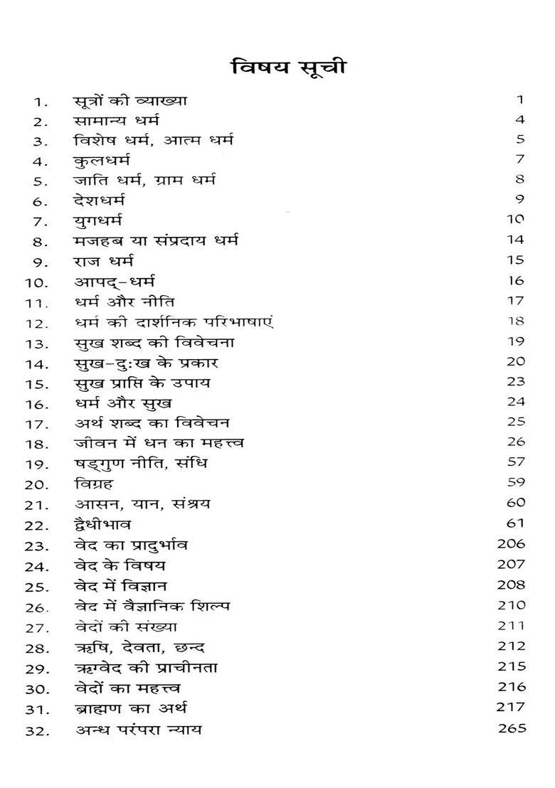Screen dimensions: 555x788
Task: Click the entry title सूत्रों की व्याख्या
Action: click(130, 100)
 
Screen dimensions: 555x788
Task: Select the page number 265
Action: click(513, 728)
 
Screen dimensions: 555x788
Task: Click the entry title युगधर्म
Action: click(100, 220)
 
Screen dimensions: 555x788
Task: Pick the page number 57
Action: click(517, 462)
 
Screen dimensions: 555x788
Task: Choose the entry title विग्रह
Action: click(93, 484)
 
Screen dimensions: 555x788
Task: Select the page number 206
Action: click(513, 543)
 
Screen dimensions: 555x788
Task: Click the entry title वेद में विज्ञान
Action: click(121, 587)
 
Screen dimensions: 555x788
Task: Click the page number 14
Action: click(517, 240)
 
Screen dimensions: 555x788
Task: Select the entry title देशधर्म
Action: click(102, 200)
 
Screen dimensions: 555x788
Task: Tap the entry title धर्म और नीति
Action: click(125, 302)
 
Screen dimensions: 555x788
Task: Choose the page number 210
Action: click(513, 605)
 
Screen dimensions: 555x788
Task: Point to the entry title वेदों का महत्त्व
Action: click(129, 688)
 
